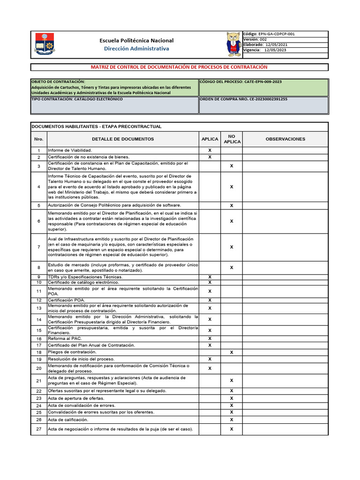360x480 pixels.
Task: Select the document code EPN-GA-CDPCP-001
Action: pos(277,34)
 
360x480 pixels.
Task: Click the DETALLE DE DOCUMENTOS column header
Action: pos(123,139)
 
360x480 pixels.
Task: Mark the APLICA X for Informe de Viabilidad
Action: pos(210,150)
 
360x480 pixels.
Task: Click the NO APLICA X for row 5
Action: pos(232,206)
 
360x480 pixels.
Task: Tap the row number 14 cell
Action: pos(39,319)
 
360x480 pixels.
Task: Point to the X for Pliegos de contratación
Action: pos(232,352)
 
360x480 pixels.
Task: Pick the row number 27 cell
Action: pos(39,429)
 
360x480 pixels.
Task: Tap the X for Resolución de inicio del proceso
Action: pos(210,359)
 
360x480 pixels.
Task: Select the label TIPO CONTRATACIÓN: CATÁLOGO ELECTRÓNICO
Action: pos(77,99)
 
